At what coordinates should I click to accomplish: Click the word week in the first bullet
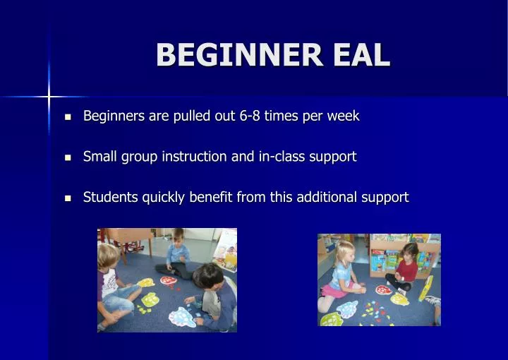click(344, 116)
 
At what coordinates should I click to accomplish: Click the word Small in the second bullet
click(99, 157)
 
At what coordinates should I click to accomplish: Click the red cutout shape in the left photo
click(169, 281)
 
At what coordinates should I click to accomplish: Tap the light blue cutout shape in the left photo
click(182, 317)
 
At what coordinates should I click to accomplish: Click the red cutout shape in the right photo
click(383, 289)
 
